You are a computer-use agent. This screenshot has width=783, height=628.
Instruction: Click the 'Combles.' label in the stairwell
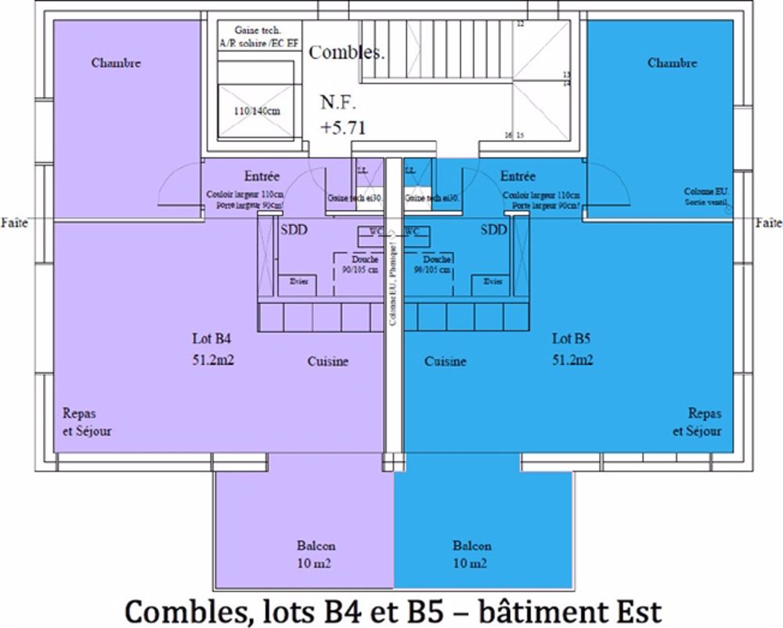pyautogui.click(x=347, y=53)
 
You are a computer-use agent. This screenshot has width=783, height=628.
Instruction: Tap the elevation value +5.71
pyautogui.click(x=342, y=128)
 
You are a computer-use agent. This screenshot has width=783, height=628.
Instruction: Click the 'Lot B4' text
pyautogui.click(x=212, y=339)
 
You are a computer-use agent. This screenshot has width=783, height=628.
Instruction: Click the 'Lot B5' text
pyautogui.click(x=572, y=339)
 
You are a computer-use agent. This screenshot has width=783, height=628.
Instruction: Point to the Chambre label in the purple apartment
pyautogui.click(x=116, y=63)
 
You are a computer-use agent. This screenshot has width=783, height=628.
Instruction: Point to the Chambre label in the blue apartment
pyautogui.click(x=672, y=63)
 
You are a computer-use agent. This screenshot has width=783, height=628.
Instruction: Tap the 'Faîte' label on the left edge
pyautogui.click(x=14, y=223)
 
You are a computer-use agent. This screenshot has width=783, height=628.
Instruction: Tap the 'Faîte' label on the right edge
pyautogui.click(x=768, y=223)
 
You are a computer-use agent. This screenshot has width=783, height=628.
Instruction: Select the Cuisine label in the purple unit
pyautogui.click(x=327, y=362)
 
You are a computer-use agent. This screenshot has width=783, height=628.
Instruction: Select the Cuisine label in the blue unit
pyautogui.click(x=446, y=362)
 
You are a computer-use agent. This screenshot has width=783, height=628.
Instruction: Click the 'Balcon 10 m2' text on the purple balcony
pyautogui.click(x=316, y=554)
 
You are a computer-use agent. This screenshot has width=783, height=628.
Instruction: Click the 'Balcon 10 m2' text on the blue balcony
pyautogui.click(x=471, y=554)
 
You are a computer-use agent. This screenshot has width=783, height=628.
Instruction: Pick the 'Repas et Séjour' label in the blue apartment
pyautogui.click(x=698, y=422)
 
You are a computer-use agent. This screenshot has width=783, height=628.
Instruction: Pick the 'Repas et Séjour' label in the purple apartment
pyautogui.click(x=87, y=422)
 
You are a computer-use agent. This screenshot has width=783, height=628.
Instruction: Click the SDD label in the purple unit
pyautogui.click(x=294, y=229)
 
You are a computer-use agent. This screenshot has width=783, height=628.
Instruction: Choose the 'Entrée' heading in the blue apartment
pyautogui.click(x=518, y=177)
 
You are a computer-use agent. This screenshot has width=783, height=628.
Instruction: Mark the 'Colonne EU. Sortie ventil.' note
pyautogui.click(x=706, y=196)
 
